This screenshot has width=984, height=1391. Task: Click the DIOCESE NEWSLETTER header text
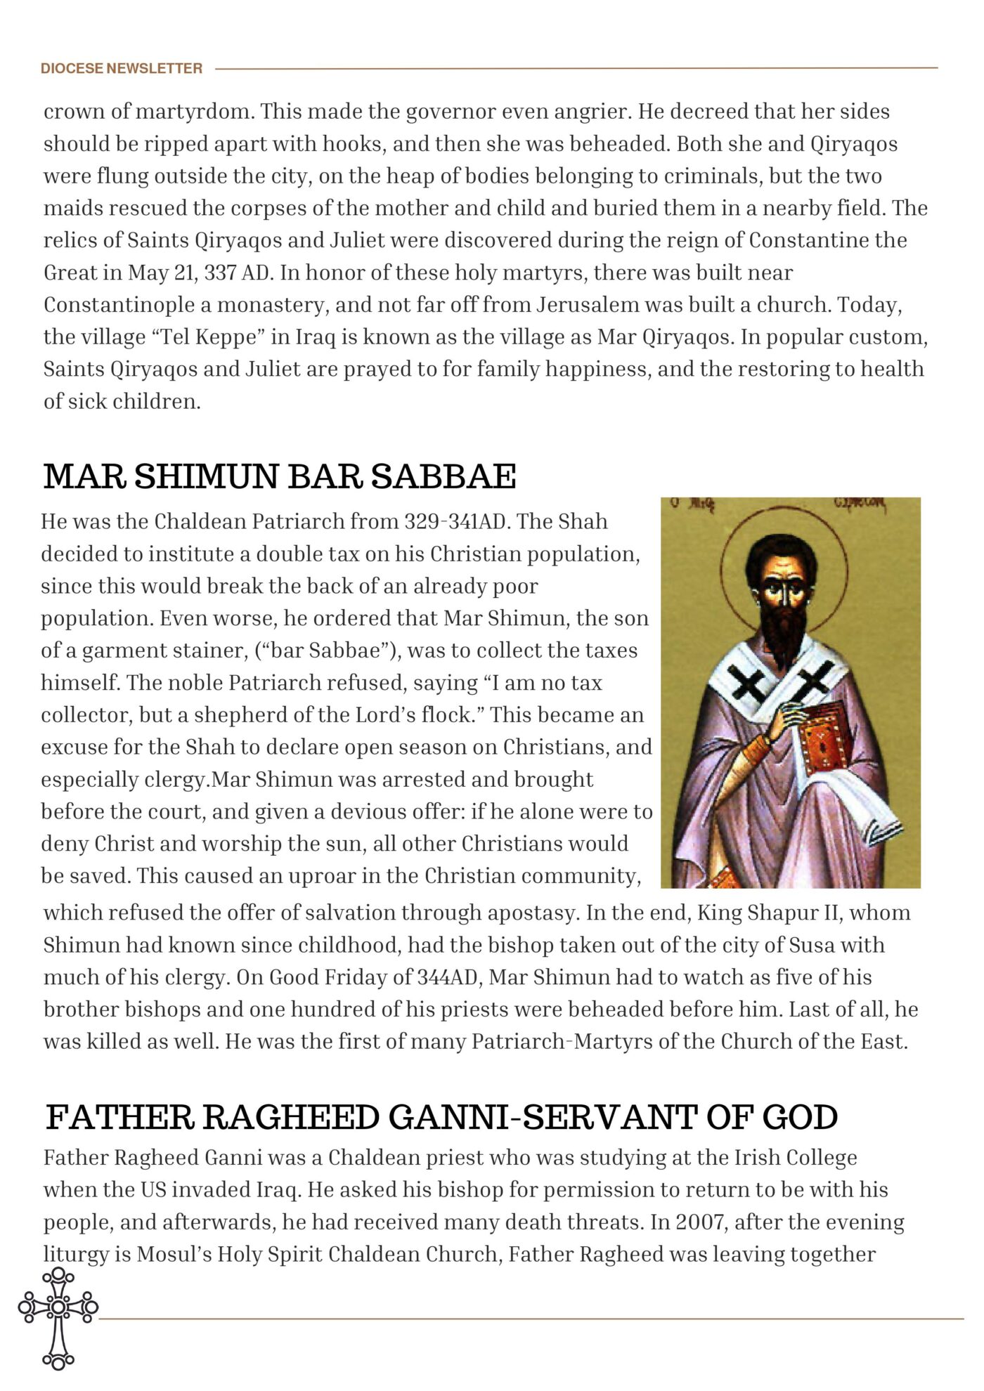pos(121,68)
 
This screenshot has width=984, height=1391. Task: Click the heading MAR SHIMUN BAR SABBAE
pos(279,476)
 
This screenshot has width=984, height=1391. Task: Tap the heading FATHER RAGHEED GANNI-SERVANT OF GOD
pos(441,1117)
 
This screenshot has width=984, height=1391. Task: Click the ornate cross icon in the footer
pos(58,1318)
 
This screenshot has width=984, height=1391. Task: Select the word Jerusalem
pos(588,305)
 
